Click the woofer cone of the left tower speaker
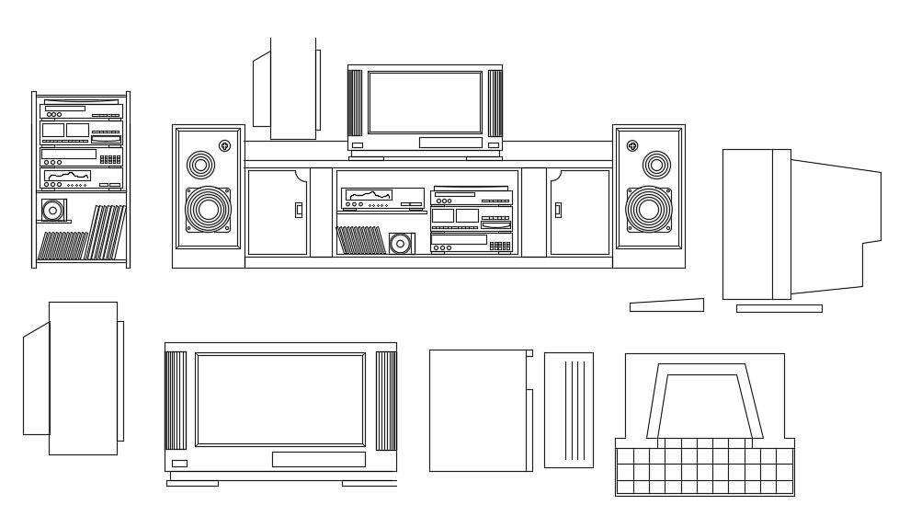209,209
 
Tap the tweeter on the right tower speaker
656,166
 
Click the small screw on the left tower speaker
225,145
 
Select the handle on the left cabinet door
298,210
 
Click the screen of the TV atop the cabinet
425,102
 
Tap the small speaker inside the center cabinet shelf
401,243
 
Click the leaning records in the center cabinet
359,240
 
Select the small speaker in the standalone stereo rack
53,211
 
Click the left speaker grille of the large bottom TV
176,399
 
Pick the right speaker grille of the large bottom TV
386,399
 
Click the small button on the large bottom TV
179,463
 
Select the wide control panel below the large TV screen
318,459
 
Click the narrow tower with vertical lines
568,409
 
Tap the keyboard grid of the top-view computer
704,470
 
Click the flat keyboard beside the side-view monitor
666,305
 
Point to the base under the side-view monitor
779,308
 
